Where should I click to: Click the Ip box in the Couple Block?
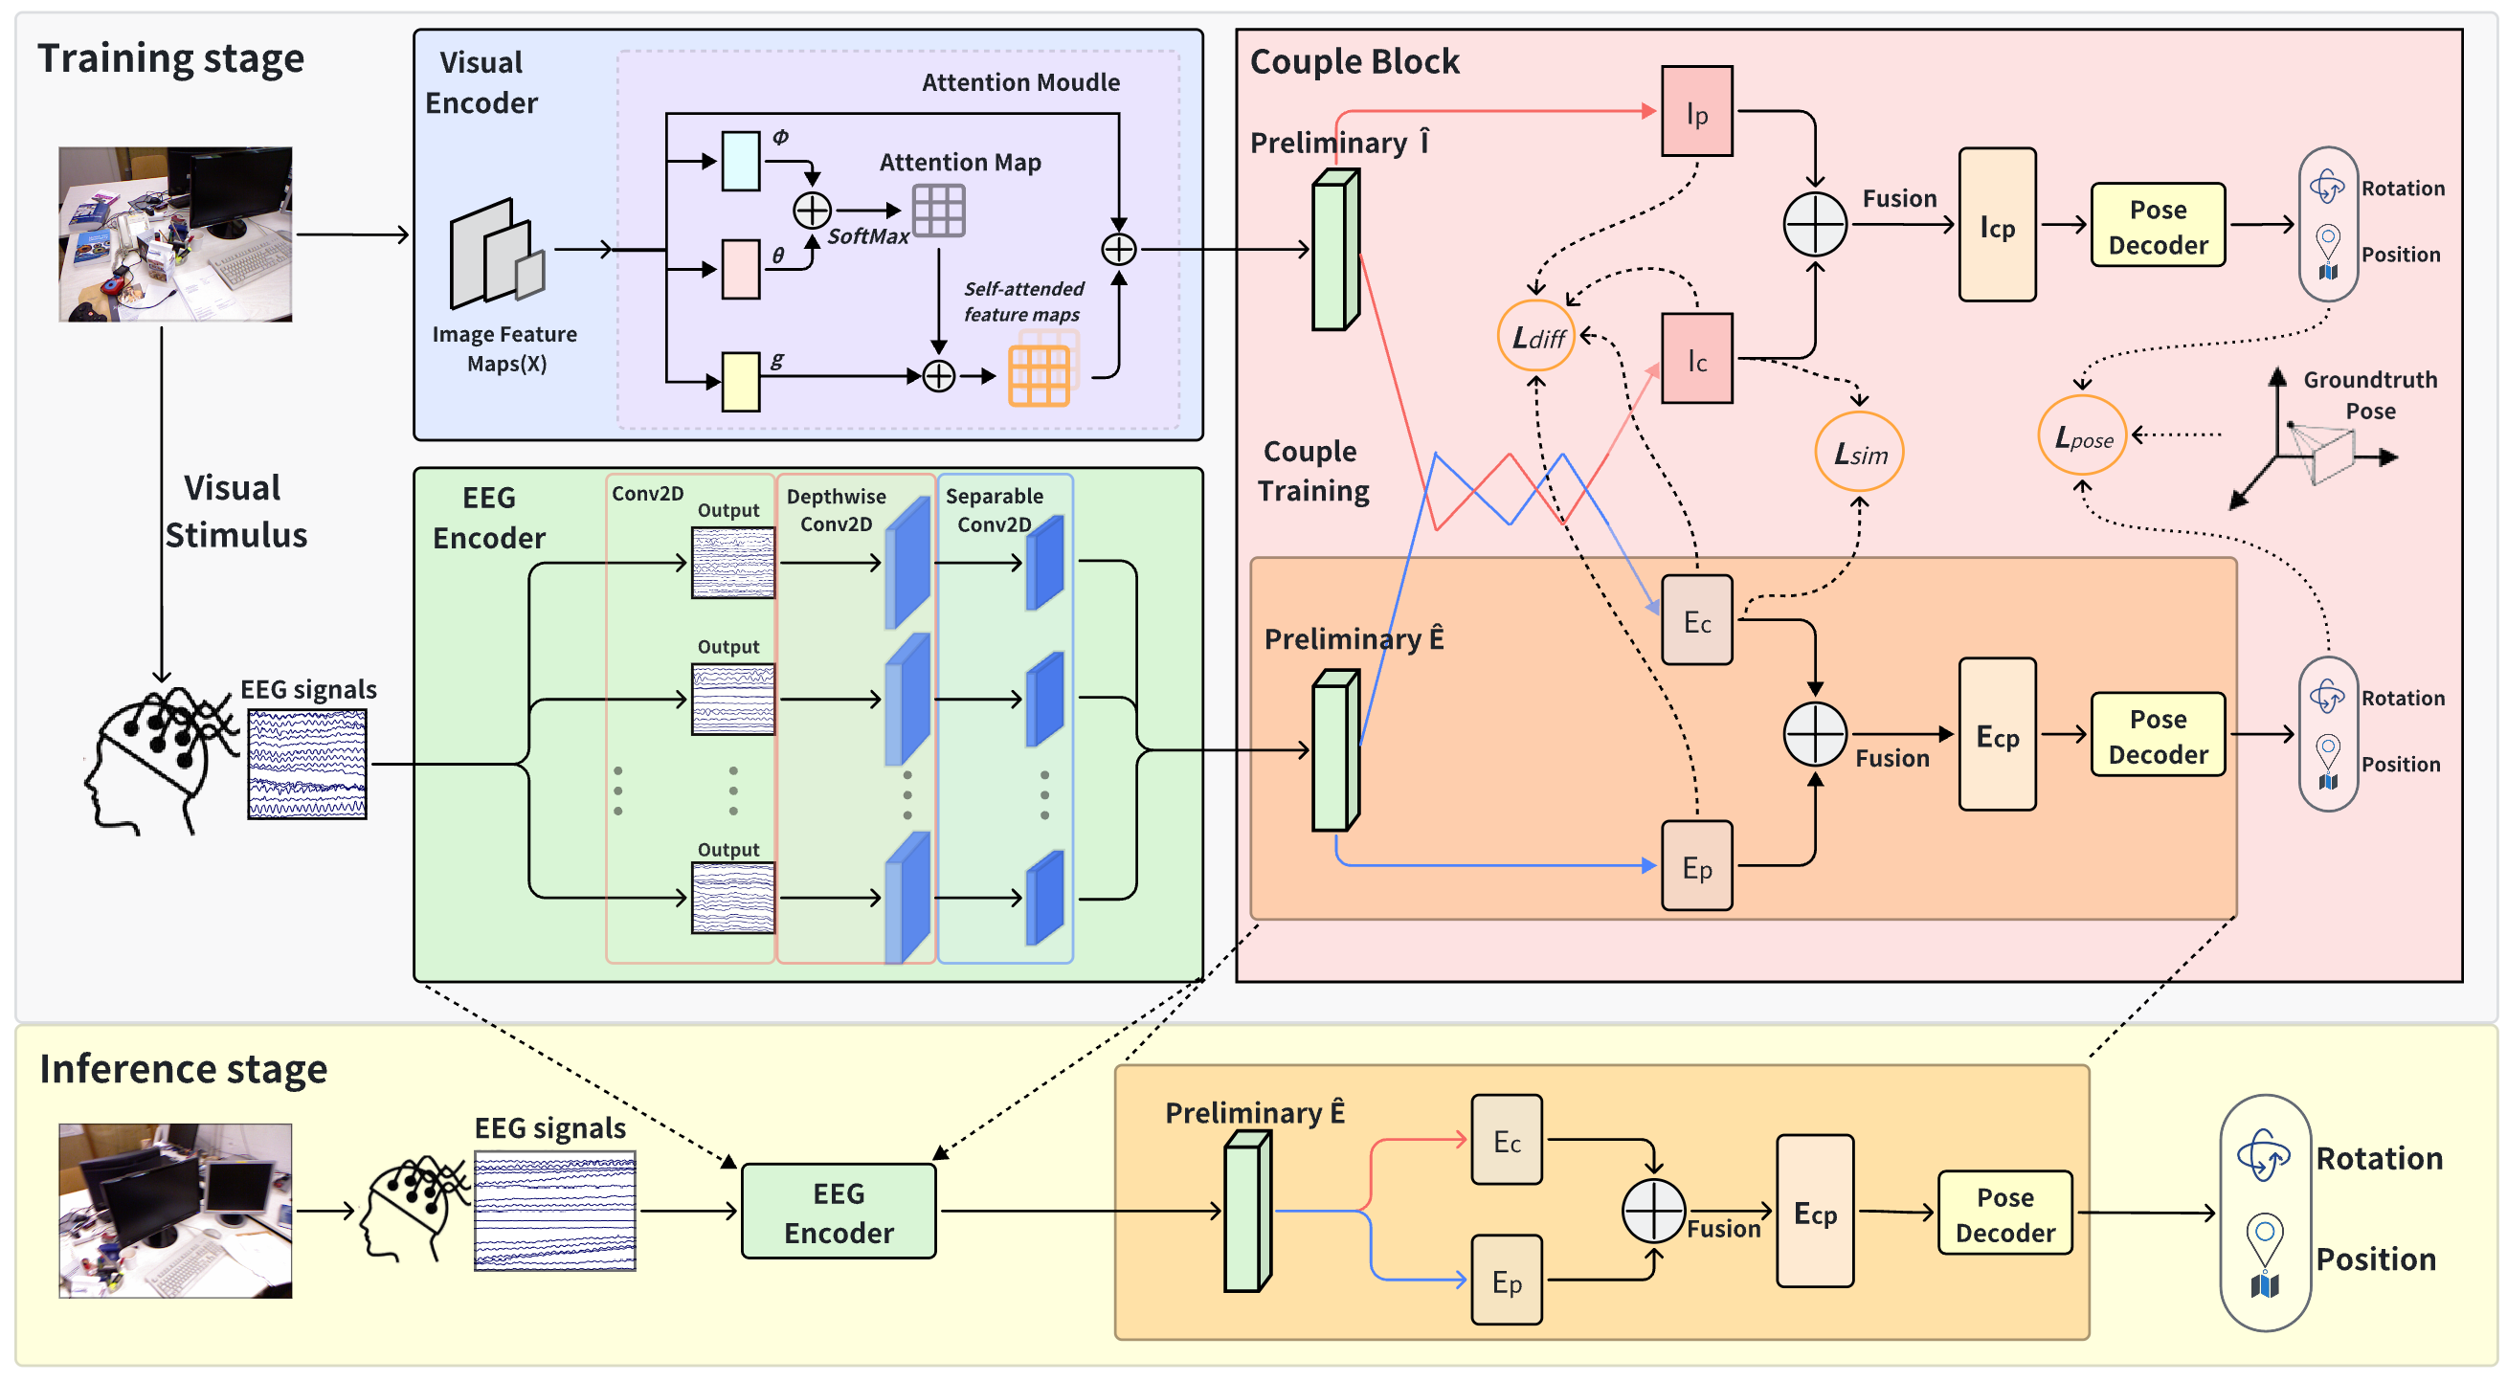point(1696,111)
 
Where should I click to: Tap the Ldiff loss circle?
point(1536,337)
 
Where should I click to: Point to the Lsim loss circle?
point(1859,453)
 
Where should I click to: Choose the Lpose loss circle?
point(2082,436)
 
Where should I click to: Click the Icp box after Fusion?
point(1996,225)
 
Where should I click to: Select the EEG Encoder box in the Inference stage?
point(838,1212)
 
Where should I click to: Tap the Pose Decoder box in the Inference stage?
point(2003,1213)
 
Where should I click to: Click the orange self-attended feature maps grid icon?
point(1039,375)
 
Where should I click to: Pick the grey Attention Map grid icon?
point(938,211)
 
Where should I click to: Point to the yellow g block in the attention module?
point(741,382)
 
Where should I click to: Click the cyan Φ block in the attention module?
point(741,161)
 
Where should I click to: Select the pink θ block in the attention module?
point(741,270)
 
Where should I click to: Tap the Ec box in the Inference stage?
point(1506,1140)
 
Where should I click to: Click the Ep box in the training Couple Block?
point(1696,866)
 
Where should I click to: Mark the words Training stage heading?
point(170,58)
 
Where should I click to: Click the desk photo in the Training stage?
point(175,234)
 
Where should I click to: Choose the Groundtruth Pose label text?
point(2369,395)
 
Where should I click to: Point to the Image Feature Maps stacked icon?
point(497,255)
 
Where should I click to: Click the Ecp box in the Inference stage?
point(1814,1212)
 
